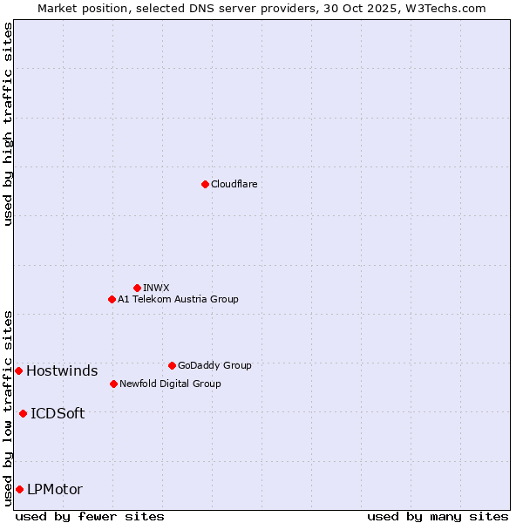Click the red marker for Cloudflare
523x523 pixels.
pos(205,184)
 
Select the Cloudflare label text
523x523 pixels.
pos(234,184)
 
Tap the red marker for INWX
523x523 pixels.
pos(137,288)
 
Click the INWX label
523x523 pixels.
pos(156,288)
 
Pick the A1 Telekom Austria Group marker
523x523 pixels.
pos(112,299)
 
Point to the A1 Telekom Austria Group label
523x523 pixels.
pos(178,299)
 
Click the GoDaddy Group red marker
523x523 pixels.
pos(172,365)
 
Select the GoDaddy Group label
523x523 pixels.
pos(214,365)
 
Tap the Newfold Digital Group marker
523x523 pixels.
pos(113,384)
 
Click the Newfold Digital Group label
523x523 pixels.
pos(170,384)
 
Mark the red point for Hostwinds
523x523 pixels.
pos(18,370)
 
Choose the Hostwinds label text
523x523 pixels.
pos(62,371)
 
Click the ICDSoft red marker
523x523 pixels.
pos(23,413)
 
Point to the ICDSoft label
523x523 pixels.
pos(58,414)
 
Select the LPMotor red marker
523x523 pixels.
pos(19,489)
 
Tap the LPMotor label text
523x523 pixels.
pos(55,490)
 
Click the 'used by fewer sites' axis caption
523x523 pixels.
pos(90,516)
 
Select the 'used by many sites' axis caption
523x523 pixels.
pos(437,516)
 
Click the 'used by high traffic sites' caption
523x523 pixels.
pos(8,124)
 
